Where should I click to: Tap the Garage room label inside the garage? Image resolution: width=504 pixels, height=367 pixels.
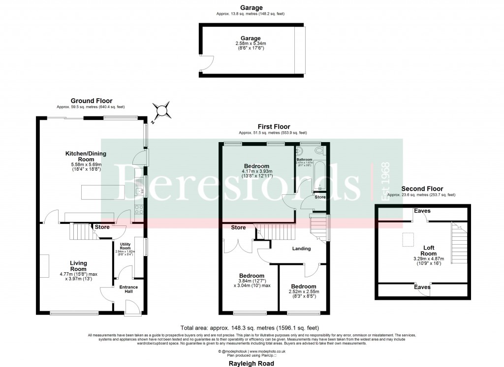coord(250,38)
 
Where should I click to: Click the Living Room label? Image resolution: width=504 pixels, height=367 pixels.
coord(78,266)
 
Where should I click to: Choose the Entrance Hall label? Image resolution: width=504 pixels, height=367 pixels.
coord(126,290)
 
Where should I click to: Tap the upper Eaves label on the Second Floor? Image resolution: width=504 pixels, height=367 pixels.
coord(422,211)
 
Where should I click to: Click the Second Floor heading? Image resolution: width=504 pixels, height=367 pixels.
coord(422,188)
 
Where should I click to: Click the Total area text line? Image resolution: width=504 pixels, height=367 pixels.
coord(250,328)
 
